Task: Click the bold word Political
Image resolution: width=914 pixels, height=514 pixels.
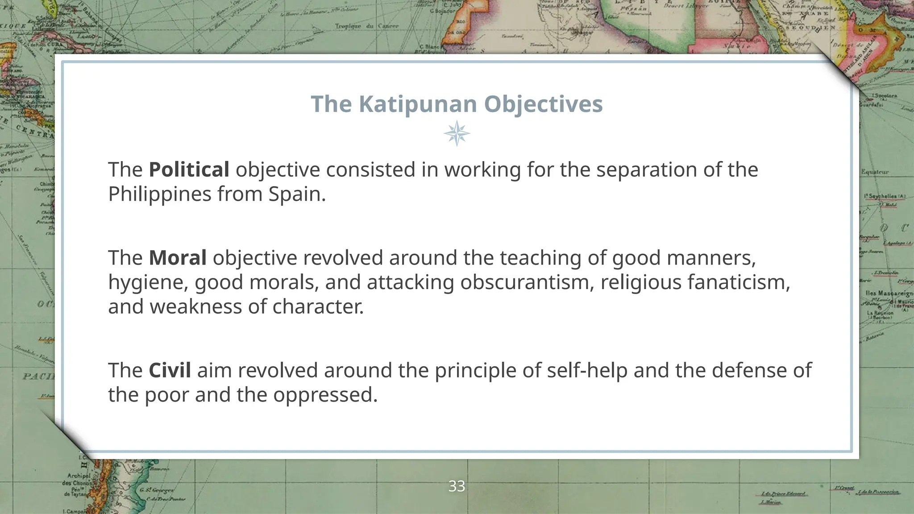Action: (x=189, y=170)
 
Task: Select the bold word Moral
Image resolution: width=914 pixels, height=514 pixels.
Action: (x=177, y=258)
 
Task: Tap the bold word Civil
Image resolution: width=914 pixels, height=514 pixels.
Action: (x=170, y=371)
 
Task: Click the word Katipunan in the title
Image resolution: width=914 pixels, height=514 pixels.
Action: (x=418, y=104)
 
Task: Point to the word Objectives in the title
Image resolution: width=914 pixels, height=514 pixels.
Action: (x=543, y=104)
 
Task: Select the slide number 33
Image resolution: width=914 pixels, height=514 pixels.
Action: (x=457, y=486)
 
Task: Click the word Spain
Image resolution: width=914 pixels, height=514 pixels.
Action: (x=297, y=194)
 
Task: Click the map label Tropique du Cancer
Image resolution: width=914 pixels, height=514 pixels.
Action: (x=367, y=26)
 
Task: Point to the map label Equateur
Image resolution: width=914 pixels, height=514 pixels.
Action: (x=875, y=172)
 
